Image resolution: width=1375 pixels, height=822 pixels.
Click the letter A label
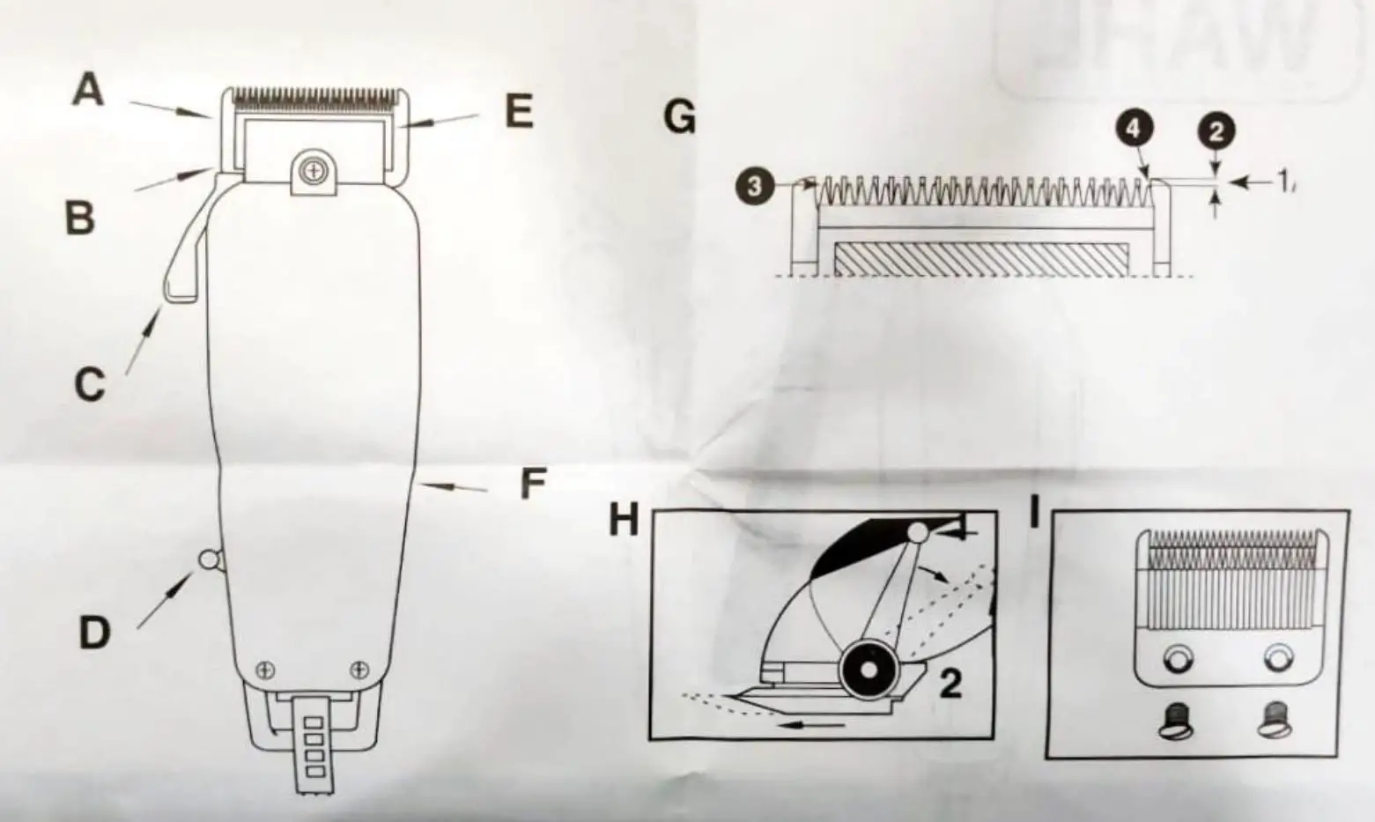(x=87, y=90)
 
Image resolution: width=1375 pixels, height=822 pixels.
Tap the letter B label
(x=80, y=216)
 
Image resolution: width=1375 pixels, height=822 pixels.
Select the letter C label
(x=89, y=385)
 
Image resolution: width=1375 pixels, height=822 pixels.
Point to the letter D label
(x=94, y=632)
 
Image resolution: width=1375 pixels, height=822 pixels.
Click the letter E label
(x=519, y=112)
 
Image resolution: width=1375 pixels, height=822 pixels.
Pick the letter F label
(x=533, y=484)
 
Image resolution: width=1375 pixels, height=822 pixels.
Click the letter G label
(x=679, y=117)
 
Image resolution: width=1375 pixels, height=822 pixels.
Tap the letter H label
(x=624, y=521)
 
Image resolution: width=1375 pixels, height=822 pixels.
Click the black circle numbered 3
(x=754, y=187)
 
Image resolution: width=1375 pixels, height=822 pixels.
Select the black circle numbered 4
(x=1134, y=130)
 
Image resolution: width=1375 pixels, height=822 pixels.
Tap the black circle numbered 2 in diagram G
(x=1216, y=131)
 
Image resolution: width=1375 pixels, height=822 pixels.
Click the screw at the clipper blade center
(x=312, y=171)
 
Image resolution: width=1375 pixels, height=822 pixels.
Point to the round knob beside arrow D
(x=209, y=559)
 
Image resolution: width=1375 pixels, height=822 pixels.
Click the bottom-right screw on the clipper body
(x=358, y=670)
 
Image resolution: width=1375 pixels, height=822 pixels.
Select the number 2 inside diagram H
(x=950, y=683)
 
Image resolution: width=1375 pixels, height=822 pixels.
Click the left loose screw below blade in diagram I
(x=1178, y=720)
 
